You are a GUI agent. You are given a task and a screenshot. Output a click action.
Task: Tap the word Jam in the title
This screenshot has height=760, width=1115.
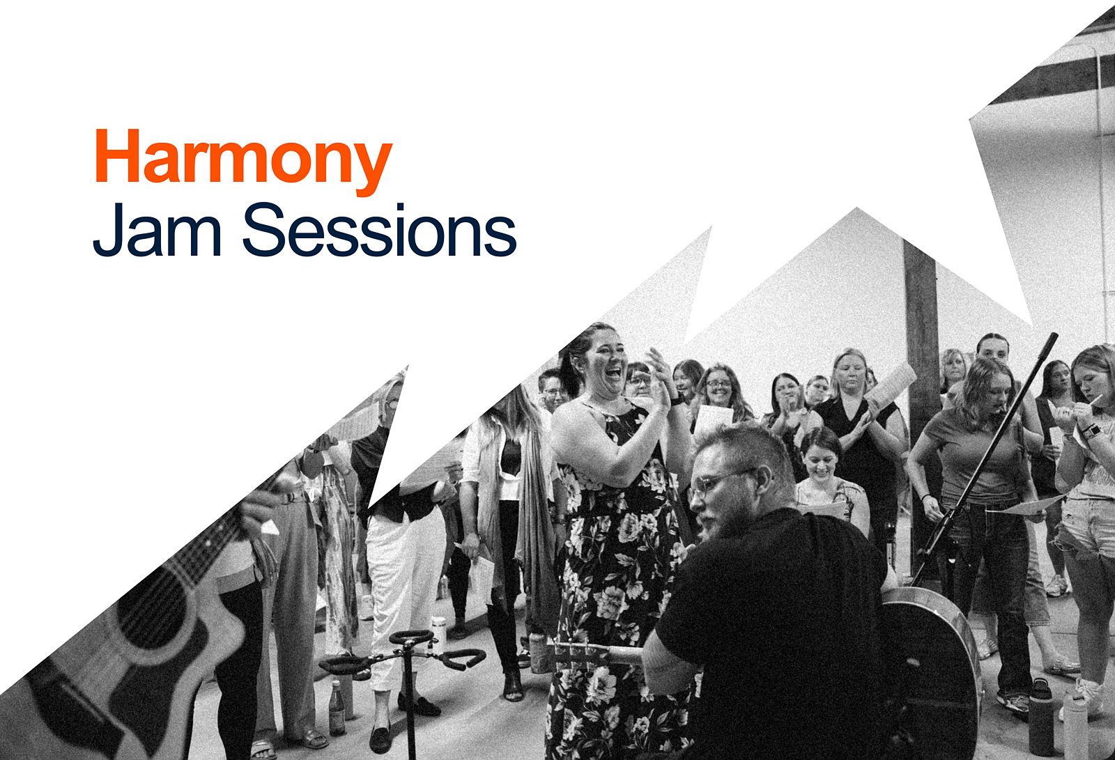[157, 229]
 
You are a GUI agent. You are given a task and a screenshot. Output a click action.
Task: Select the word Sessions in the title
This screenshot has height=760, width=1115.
[379, 229]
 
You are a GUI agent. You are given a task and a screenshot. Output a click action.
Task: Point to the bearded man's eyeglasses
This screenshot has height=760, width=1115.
[717, 483]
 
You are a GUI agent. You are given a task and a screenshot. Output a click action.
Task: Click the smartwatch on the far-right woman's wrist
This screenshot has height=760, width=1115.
[1090, 430]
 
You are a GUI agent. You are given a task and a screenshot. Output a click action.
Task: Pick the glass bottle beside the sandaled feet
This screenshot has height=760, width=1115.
[337, 707]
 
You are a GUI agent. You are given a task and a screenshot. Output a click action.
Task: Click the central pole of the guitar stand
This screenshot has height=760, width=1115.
[409, 701]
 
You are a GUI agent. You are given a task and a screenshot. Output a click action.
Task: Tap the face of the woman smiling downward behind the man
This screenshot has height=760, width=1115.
[820, 461]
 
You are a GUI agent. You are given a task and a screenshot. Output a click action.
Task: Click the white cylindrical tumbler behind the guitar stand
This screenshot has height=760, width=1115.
[439, 632]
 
